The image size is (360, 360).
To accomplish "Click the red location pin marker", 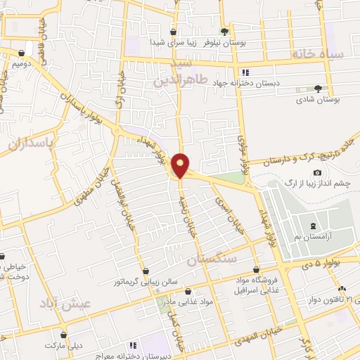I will pyautogui.click(x=181, y=165).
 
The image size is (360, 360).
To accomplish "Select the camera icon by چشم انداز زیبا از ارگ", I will pyautogui.click(x=317, y=173).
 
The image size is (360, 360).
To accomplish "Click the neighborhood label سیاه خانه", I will pyautogui.click(x=319, y=53).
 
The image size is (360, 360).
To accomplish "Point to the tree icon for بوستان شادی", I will pyautogui.click(x=318, y=89).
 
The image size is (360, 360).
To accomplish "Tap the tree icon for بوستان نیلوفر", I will pyautogui.click(x=224, y=31).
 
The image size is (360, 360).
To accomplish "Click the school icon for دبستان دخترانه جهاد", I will pyautogui.click(x=244, y=72).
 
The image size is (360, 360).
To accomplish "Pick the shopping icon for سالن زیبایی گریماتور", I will pyautogui.click(x=146, y=271).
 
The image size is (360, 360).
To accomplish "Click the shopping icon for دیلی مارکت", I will pyautogui.click(x=64, y=335).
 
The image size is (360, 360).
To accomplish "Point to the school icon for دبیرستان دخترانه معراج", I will pyautogui.click(x=131, y=346).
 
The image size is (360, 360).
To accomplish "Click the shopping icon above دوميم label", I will pyautogui.click(x=22, y=53).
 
